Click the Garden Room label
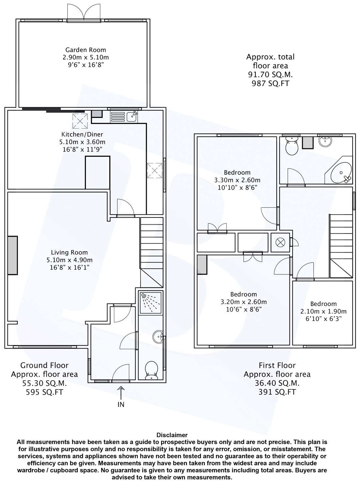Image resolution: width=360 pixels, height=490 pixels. point(86,50)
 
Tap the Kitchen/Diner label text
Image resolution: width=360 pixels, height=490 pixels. point(82,134)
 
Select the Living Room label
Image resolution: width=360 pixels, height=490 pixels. point(69,253)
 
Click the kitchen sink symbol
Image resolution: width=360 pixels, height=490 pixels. point(132,117)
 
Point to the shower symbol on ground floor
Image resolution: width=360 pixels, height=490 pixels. point(151,303)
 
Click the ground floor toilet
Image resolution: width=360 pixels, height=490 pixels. point(151,370)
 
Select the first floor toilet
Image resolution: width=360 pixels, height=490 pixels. point(292,145)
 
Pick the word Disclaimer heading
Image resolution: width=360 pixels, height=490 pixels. point(172,435)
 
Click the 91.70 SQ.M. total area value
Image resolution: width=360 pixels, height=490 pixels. point(270,75)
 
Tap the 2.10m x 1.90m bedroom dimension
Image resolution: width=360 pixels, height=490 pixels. point(323,311)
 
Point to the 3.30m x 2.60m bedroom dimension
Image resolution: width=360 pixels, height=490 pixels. point(237,180)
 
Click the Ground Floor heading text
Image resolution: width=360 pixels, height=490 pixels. point(44,365)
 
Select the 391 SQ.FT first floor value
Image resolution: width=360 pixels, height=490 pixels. point(277,392)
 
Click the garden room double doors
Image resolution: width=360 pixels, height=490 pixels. point(84,13)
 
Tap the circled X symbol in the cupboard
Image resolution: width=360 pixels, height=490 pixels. point(279,242)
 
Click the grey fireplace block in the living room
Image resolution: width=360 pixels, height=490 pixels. point(12,255)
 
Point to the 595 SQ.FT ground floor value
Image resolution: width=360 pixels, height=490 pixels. point(44,392)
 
